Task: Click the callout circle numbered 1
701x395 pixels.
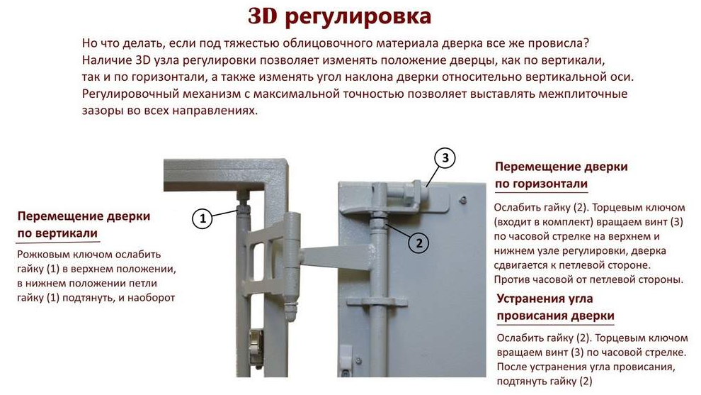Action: tap(203, 218)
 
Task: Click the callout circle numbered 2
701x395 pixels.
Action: tap(419, 243)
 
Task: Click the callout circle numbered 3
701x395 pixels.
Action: tap(445, 158)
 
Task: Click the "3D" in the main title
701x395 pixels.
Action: tap(263, 16)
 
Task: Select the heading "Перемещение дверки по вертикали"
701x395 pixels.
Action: tap(84, 225)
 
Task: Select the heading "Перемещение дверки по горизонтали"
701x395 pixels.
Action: tap(561, 175)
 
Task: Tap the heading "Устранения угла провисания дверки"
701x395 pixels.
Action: tap(556, 307)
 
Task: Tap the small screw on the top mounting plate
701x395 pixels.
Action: tap(464, 200)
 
